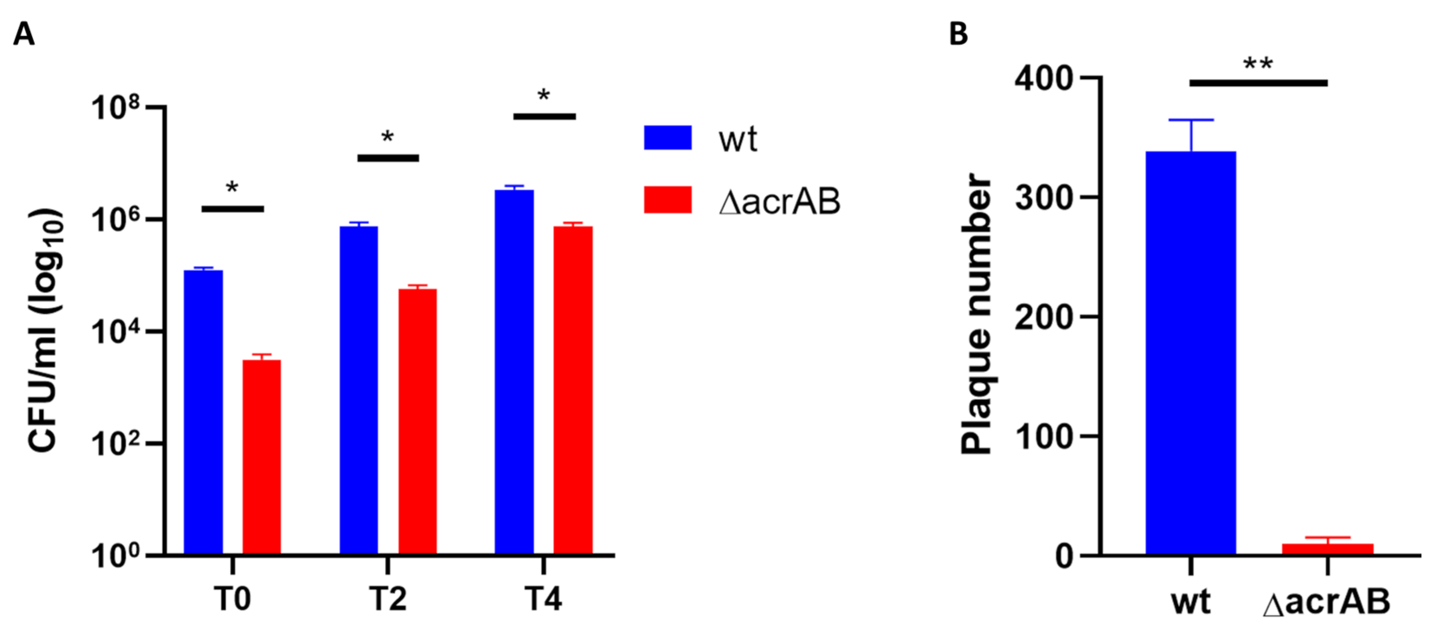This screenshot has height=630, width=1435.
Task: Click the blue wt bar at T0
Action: [203, 412]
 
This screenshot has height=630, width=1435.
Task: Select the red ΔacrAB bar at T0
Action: [261, 457]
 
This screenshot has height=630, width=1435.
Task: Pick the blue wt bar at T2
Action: [359, 390]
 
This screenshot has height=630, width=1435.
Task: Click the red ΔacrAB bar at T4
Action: [573, 390]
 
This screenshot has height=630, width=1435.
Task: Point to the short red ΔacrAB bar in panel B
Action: [1328, 549]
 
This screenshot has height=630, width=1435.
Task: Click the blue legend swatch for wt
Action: [668, 138]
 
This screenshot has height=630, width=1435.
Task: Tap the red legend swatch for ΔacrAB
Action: [668, 200]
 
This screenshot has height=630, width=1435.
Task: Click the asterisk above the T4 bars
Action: [544, 96]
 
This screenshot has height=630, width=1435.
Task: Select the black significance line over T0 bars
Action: [232, 209]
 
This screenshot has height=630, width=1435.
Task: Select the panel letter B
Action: [958, 34]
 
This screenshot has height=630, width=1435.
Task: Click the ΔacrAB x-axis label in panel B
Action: [1326, 603]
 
